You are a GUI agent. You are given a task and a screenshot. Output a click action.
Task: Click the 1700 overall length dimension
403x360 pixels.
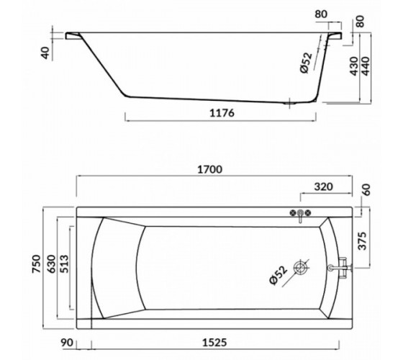pos(209,170)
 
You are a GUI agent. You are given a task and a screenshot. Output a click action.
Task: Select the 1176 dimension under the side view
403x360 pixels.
pos(222,113)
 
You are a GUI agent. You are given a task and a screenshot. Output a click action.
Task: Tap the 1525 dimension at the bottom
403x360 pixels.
pos(215,343)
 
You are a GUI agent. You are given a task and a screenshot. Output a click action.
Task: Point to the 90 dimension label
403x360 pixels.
pos(67,343)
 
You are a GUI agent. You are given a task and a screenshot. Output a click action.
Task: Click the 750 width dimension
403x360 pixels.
pos(36,264)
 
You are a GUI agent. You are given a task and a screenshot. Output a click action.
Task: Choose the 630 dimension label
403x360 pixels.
pos(51,264)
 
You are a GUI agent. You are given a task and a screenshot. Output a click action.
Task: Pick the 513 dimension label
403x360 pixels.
pos(64,264)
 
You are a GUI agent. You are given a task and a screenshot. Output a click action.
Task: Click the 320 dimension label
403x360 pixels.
pos(323,186)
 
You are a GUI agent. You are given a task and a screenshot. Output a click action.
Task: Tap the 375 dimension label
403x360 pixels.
pos(363,241)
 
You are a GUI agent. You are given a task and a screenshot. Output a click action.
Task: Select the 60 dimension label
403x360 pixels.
pos(367,190)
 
